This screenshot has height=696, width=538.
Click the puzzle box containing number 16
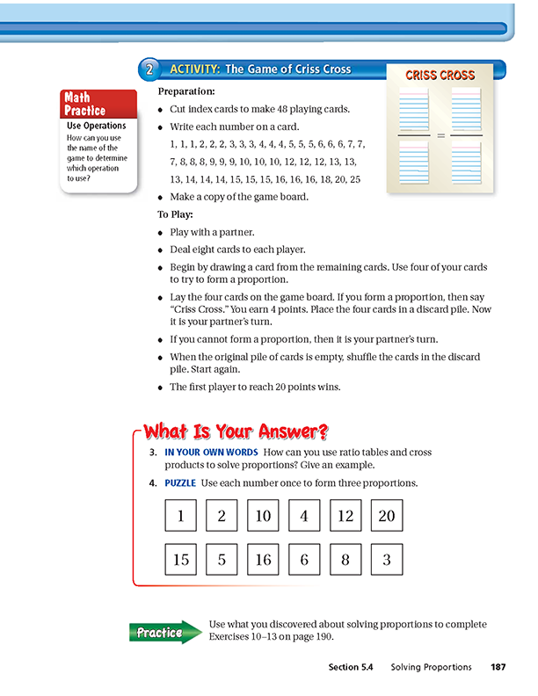pyautogui.click(x=263, y=559)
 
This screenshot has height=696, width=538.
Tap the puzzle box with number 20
pyautogui.click(x=387, y=516)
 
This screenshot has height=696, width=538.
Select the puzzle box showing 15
pyautogui.click(x=181, y=559)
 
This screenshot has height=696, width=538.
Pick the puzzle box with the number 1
pyautogui.click(x=181, y=516)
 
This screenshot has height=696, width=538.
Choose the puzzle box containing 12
pyautogui.click(x=345, y=516)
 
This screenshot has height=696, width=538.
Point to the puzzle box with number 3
pyautogui.click(x=387, y=559)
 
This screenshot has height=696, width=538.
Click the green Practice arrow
pyautogui.click(x=164, y=632)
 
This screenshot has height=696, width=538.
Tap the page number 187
pyautogui.click(x=498, y=668)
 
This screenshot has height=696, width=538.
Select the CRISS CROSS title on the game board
pyautogui.click(x=440, y=76)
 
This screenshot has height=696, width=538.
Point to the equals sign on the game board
pyautogui.click(x=440, y=135)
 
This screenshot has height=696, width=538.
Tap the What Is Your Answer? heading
pyautogui.click(x=236, y=431)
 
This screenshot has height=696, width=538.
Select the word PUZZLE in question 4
pyautogui.click(x=180, y=483)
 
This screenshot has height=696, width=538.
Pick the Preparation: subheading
pyautogui.click(x=185, y=91)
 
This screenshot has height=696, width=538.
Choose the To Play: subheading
pyautogui.click(x=176, y=214)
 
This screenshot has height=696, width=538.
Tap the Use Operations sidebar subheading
pyautogui.click(x=97, y=127)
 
